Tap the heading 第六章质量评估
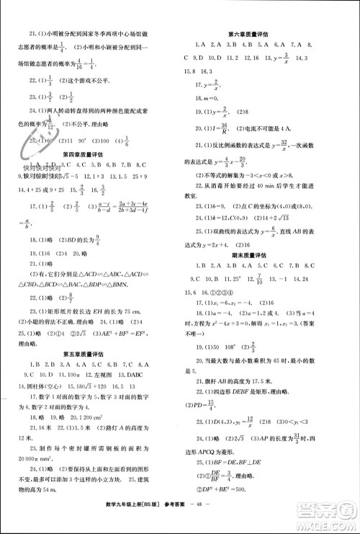[x=253, y=34]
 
